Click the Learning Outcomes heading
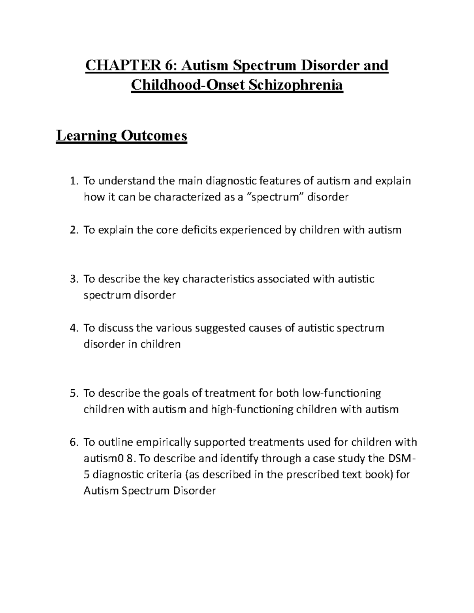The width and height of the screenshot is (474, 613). [122, 136]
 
